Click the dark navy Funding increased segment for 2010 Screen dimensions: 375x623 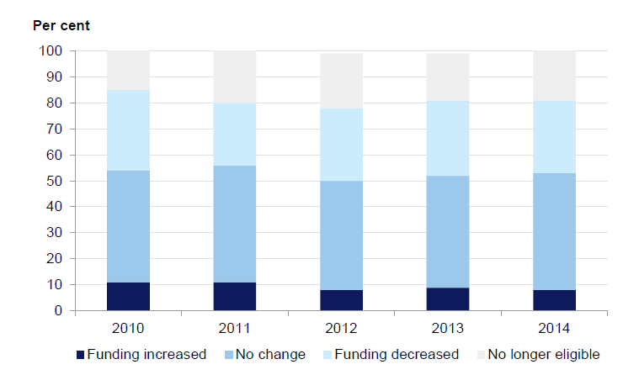pyautogui.click(x=128, y=296)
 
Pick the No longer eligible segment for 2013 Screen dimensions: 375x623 pyautogui.click(x=448, y=77)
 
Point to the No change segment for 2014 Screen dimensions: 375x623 pyautogui.click(x=555, y=231)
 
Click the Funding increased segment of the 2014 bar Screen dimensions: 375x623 pyautogui.click(x=555, y=300)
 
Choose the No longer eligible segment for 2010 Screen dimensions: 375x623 pyautogui.click(x=128, y=71)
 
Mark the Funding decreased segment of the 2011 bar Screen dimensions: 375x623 pyautogui.click(x=235, y=135)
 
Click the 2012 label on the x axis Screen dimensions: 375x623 pyautogui.click(x=341, y=325)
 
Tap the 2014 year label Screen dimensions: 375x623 pyautogui.click(x=555, y=325)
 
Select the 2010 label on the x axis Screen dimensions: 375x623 pyautogui.click(x=128, y=325)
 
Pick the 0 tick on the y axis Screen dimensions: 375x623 pyautogui.click(x=58, y=311)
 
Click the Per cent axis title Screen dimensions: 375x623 pyautogui.click(x=61, y=25)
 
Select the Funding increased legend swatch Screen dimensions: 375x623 pyautogui.click(x=82, y=355)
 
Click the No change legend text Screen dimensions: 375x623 pyautogui.click(x=272, y=355)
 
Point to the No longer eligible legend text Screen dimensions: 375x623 pyautogui.click(x=545, y=355)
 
